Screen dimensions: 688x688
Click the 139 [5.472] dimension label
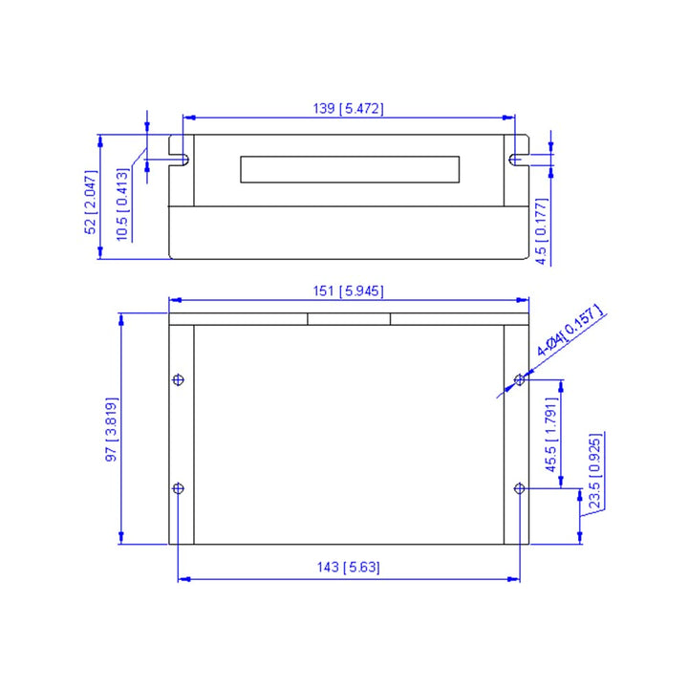348,108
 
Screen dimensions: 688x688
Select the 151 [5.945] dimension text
348,290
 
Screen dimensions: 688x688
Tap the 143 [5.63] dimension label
348,567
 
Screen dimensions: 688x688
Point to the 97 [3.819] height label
112,429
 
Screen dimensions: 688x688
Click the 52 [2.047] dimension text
91,203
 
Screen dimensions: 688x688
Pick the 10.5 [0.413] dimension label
122,204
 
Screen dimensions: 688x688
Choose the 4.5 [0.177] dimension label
542,231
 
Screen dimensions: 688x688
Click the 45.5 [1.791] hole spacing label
550,435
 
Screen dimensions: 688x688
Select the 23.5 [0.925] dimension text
594,471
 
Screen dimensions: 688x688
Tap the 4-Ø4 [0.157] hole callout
570,331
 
